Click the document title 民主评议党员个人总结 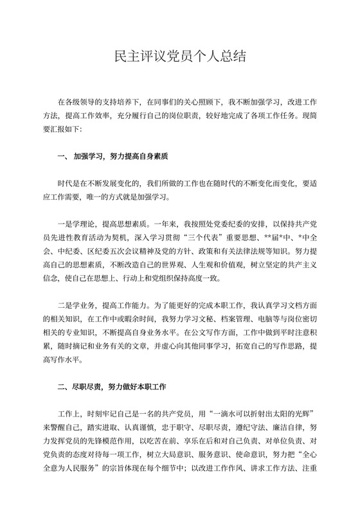click(179, 56)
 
